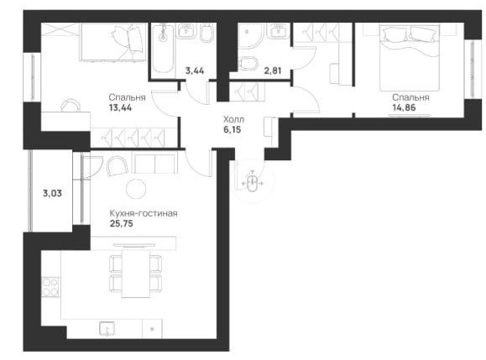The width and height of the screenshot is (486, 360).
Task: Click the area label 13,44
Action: click(x=120, y=107)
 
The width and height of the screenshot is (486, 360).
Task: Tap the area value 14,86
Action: click(x=404, y=107)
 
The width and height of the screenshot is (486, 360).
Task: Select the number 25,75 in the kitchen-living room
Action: click(x=122, y=223)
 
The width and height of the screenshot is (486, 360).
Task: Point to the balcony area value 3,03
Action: click(x=52, y=194)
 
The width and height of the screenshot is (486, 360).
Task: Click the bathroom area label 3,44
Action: click(x=195, y=71)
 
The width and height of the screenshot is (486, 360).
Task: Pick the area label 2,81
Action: click(x=273, y=71)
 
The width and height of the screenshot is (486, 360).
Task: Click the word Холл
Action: click(x=233, y=119)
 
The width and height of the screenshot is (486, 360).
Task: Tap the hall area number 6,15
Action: click(x=233, y=129)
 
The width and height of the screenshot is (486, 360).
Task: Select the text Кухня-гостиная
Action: click(x=144, y=213)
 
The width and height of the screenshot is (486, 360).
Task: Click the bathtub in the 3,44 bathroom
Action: click(x=163, y=49)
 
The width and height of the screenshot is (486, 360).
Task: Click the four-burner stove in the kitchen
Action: click(x=50, y=287)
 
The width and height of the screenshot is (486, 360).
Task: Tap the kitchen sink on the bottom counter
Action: click(x=107, y=328)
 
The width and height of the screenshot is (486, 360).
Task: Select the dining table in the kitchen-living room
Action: click(x=136, y=273)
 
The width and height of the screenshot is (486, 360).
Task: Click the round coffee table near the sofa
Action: click(x=136, y=189)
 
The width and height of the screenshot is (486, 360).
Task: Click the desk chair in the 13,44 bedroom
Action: click(x=71, y=106)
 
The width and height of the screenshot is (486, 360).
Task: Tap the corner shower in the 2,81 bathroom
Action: click(x=251, y=35)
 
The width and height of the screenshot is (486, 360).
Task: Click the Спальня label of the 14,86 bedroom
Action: click(x=410, y=97)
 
